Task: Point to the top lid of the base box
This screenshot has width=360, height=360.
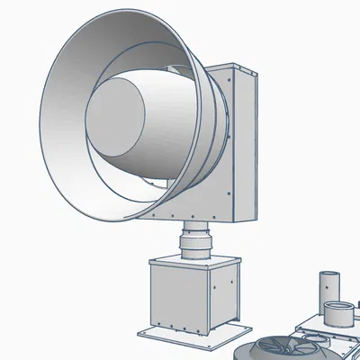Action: tap(193, 260)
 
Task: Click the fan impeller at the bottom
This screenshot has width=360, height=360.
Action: tap(283, 347)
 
